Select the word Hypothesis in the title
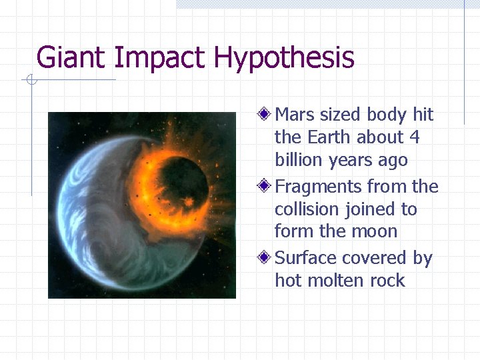pos(285,59)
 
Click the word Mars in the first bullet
pos(295,115)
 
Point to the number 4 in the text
pos(415,137)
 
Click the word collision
pos(307,209)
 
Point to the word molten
pos(337,281)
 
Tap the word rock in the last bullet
pos(388,281)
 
